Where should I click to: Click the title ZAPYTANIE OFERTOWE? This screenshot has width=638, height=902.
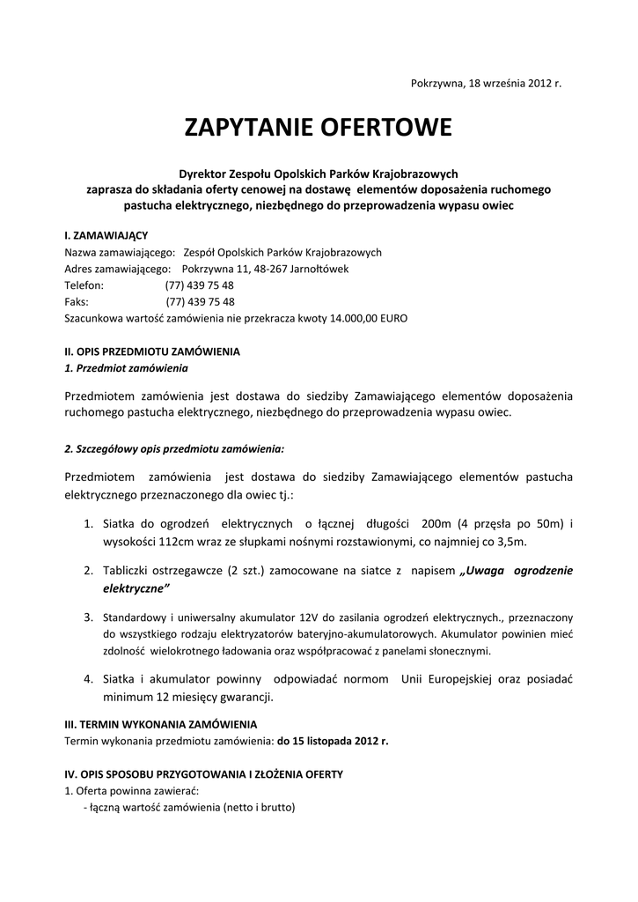(x=318, y=129)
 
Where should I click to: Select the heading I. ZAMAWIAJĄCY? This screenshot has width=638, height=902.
(x=106, y=236)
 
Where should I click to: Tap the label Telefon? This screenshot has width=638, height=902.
(x=84, y=285)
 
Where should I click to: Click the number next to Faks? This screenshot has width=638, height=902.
(x=200, y=301)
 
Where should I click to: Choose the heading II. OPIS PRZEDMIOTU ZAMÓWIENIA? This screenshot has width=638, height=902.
(x=152, y=351)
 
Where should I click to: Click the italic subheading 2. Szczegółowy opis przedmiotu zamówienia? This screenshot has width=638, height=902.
(x=174, y=448)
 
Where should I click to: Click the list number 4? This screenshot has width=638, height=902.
(x=88, y=679)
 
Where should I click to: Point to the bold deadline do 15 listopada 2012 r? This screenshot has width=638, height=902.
(x=333, y=741)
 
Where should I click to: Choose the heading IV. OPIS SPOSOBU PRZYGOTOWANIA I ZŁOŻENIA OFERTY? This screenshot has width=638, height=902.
(x=203, y=774)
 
